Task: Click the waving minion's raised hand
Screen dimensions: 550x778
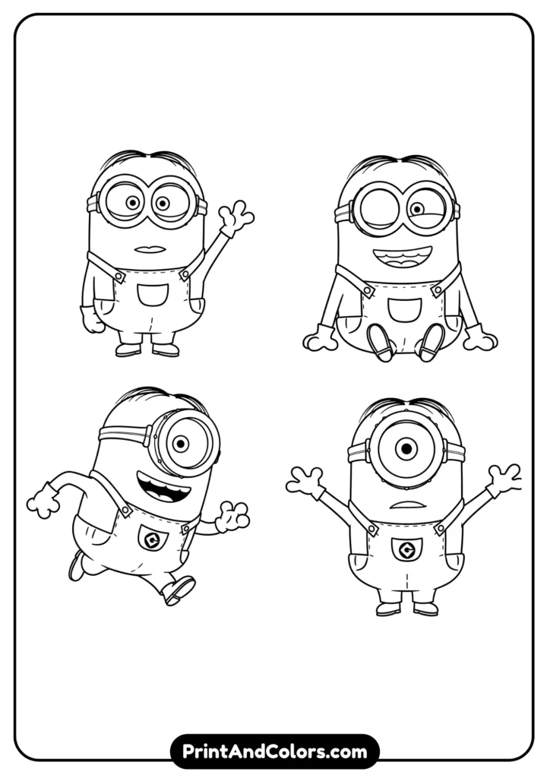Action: (x=236, y=217)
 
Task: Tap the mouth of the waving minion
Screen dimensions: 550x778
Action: (x=150, y=249)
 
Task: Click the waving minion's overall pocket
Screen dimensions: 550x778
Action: (x=153, y=296)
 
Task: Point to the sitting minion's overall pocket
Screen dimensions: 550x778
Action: (x=404, y=310)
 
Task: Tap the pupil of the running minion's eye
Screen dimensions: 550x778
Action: (x=182, y=443)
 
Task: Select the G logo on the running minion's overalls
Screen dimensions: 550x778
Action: (x=150, y=539)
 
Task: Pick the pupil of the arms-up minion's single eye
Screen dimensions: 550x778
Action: (x=406, y=449)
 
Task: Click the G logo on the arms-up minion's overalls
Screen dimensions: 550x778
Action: (x=406, y=550)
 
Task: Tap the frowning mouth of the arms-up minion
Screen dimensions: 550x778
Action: (x=408, y=505)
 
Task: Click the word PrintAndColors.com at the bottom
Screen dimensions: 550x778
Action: (x=275, y=751)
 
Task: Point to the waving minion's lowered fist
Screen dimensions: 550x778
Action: (x=92, y=320)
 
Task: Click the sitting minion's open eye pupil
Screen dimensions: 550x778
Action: (x=418, y=209)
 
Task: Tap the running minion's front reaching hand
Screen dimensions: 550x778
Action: (x=232, y=517)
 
